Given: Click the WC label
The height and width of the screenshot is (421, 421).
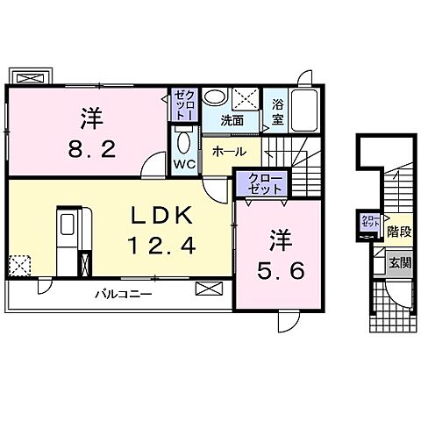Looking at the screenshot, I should [x=182, y=164].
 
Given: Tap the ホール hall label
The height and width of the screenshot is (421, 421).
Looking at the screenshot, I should [x=228, y=151].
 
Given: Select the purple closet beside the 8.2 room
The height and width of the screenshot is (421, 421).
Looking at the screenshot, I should [x=182, y=105].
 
